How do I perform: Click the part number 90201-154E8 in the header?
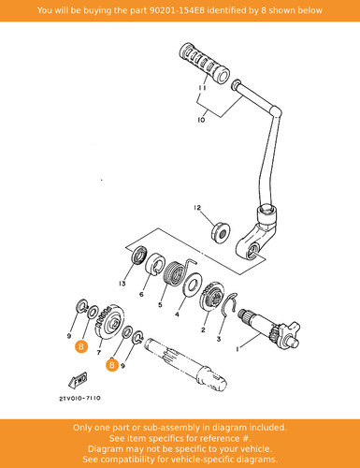click(x=178, y=10)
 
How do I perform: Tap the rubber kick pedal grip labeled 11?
click(x=205, y=64)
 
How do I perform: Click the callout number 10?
click(x=201, y=120)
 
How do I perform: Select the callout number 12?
click(x=197, y=208)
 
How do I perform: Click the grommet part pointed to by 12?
click(x=221, y=231)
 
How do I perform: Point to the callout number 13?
click(x=122, y=284)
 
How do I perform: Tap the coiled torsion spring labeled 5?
click(x=176, y=273)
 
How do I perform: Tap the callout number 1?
click(x=238, y=349)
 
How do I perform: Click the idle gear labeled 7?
click(x=108, y=324)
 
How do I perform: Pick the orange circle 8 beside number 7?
click(x=81, y=346)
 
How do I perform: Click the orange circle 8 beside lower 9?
click(x=112, y=365)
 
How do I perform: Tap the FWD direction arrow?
click(x=79, y=380)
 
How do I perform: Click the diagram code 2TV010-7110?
click(x=80, y=399)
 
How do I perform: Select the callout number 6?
click(x=141, y=294)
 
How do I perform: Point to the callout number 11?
click(x=202, y=88)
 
